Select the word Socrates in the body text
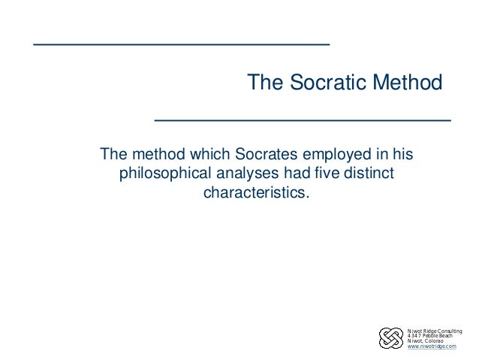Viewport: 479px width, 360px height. [x=267, y=156]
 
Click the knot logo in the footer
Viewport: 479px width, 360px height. [x=391, y=338]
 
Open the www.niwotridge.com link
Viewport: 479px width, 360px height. [x=431, y=346]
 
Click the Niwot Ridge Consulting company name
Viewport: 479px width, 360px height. [x=434, y=330]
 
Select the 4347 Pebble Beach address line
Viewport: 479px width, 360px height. [x=430, y=335]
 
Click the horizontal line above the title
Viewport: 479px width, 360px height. [x=181, y=45]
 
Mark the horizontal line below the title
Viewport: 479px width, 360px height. [x=302, y=119]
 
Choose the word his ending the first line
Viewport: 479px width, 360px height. [x=402, y=156]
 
